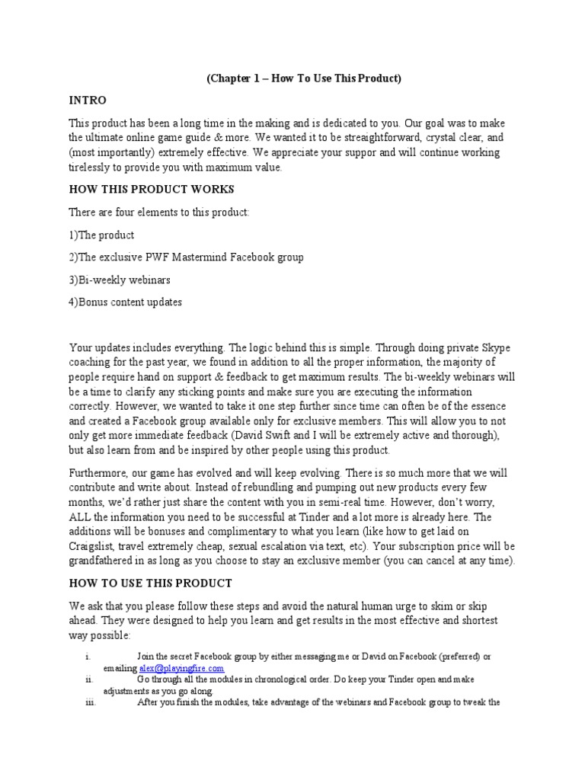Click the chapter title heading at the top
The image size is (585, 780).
[x=303, y=78]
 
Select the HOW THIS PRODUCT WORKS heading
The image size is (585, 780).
[x=152, y=189]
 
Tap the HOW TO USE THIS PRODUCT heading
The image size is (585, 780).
[x=150, y=583]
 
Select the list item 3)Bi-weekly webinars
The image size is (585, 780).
[x=120, y=280]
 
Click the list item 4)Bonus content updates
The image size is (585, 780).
[x=126, y=302]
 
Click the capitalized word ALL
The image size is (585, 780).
[x=82, y=516]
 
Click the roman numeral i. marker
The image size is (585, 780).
[x=88, y=657]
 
